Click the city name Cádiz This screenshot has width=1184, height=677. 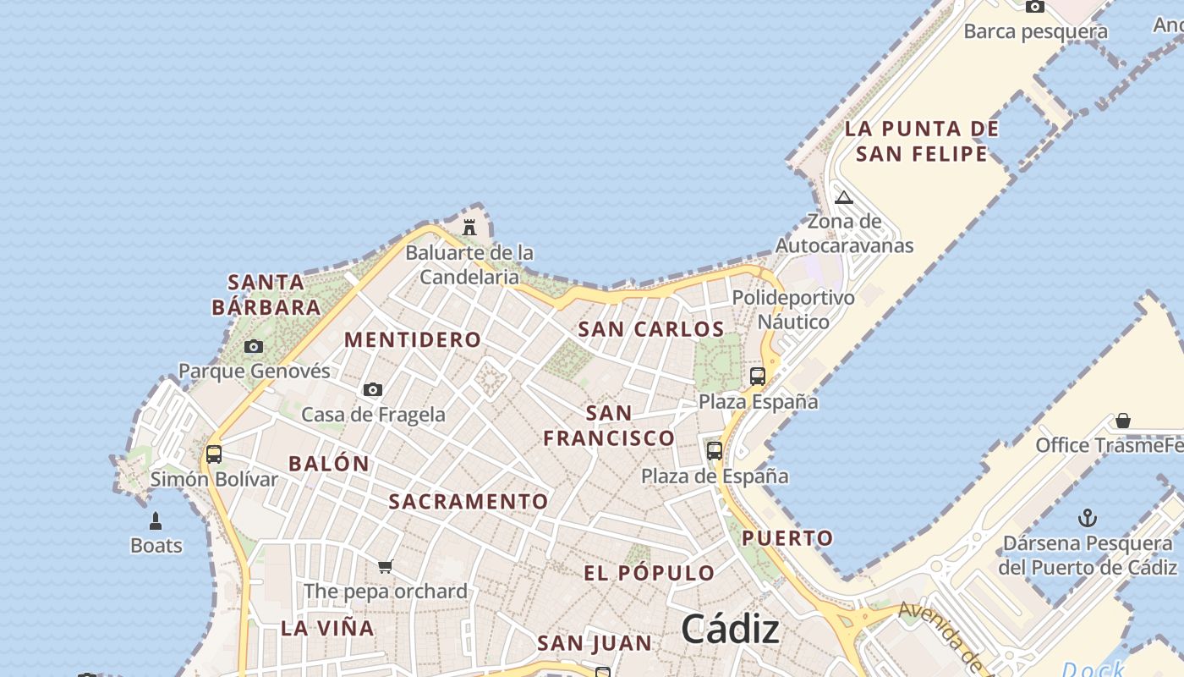[x=730, y=630]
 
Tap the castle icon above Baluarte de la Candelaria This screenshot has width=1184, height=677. [x=469, y=227]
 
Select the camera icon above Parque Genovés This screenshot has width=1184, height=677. [x=253, y=346]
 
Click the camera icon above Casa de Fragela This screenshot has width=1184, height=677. [x=373, y=389]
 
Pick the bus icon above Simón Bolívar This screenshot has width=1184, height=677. [x=214, y=454]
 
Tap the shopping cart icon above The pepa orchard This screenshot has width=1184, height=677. [x=386, y=566]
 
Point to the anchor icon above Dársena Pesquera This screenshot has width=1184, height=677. [x=1088, y=518]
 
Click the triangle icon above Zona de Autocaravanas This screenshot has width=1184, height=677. [x=843, y=198]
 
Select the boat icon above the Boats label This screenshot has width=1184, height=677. [x=156, y=520]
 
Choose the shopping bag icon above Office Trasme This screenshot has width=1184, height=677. [x=1123, y=420]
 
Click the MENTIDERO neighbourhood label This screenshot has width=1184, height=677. [x=413, y=339]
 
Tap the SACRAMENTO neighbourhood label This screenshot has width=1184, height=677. [x=469, y=501]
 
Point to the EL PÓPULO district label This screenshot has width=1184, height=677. [x=650, y=573]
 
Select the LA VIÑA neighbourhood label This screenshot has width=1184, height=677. [x=327, y=628]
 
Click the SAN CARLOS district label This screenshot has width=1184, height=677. [x=651, y=329]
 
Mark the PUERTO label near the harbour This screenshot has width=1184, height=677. [x=787, y=537]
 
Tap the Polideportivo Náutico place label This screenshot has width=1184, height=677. [x=793, y=310]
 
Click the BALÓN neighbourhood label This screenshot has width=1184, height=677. [x=329, y=463]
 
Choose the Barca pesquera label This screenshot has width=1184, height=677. [x=1036, y=32]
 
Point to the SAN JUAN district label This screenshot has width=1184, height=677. [x=595, y=643]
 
